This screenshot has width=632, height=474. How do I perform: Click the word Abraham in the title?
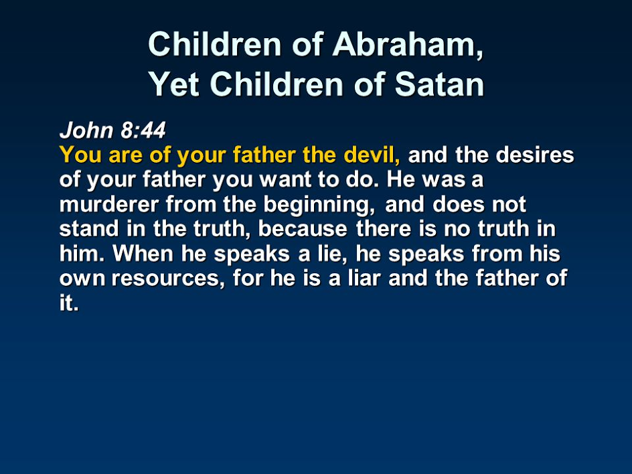pos(408,44)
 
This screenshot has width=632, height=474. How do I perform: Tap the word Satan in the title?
pos(439,84)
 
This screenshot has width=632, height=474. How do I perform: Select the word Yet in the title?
pos(173,84)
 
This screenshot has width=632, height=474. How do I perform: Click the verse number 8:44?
pos(143,130)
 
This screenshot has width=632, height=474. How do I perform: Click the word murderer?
pos(109,204)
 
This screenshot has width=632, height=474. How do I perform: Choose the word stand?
pos(89,228)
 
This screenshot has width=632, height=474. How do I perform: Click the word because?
pos(303,228)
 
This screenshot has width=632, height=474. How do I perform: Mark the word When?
pos(143,254)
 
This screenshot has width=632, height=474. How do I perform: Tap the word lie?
pos(333,254)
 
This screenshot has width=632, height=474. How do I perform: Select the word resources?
pos(168,278)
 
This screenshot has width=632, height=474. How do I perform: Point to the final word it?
pos(68,303)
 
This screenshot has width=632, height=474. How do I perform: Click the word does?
pos(459,204)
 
